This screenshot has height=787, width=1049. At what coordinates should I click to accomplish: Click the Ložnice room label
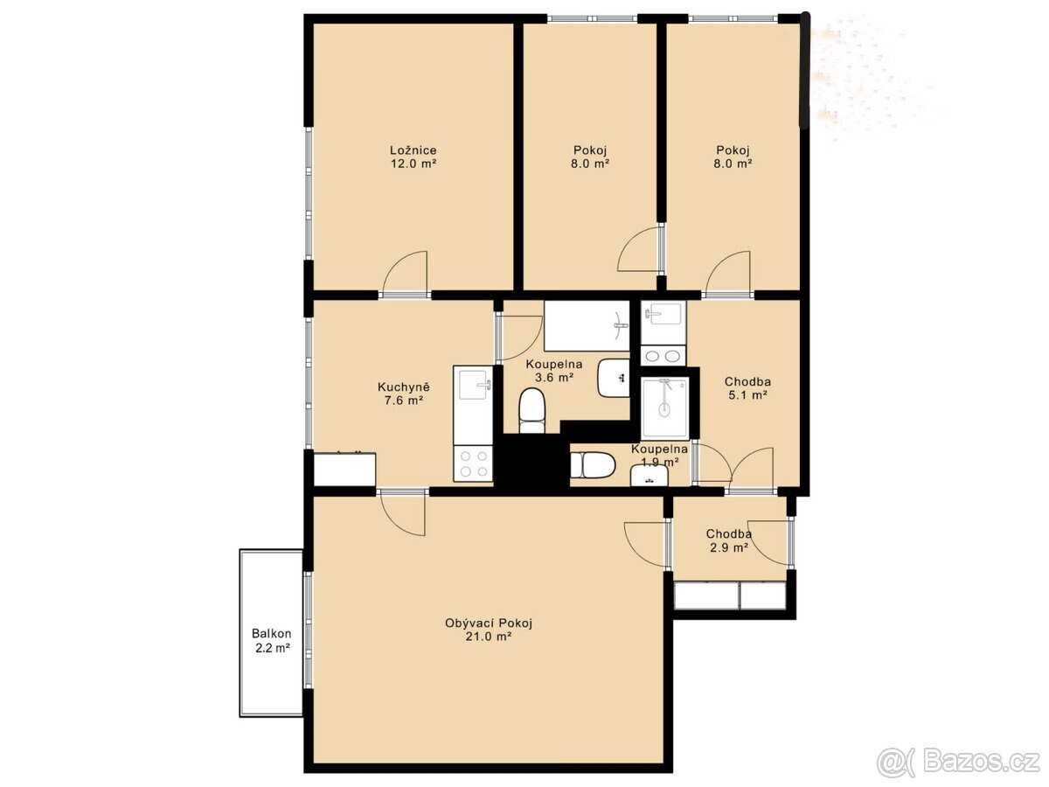point(413,150)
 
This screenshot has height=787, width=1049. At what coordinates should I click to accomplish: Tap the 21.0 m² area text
point(489,637)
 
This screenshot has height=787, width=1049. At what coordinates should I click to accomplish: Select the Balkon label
point(272,634)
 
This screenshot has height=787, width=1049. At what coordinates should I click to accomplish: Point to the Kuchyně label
point(404,387)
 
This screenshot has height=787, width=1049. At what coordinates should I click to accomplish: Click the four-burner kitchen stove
point(473,463)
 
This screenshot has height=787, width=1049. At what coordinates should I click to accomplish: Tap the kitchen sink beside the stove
point(473,383)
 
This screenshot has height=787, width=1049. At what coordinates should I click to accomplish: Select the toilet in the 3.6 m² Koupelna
point(531,411)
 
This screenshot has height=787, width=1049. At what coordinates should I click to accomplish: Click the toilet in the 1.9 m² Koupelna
point(593,465)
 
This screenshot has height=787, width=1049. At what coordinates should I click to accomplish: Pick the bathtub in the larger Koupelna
point(587,325)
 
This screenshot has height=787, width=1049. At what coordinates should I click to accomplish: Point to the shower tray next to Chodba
point(665,408)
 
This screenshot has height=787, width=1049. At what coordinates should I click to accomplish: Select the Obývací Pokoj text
point(489,623)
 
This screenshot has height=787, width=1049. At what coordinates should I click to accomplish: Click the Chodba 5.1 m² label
point(747,388)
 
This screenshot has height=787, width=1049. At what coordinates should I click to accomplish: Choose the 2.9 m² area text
point(729,547)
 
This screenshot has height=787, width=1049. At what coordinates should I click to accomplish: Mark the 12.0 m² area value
point(413,164)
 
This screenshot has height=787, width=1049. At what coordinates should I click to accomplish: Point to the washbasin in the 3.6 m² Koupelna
point(613,378)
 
